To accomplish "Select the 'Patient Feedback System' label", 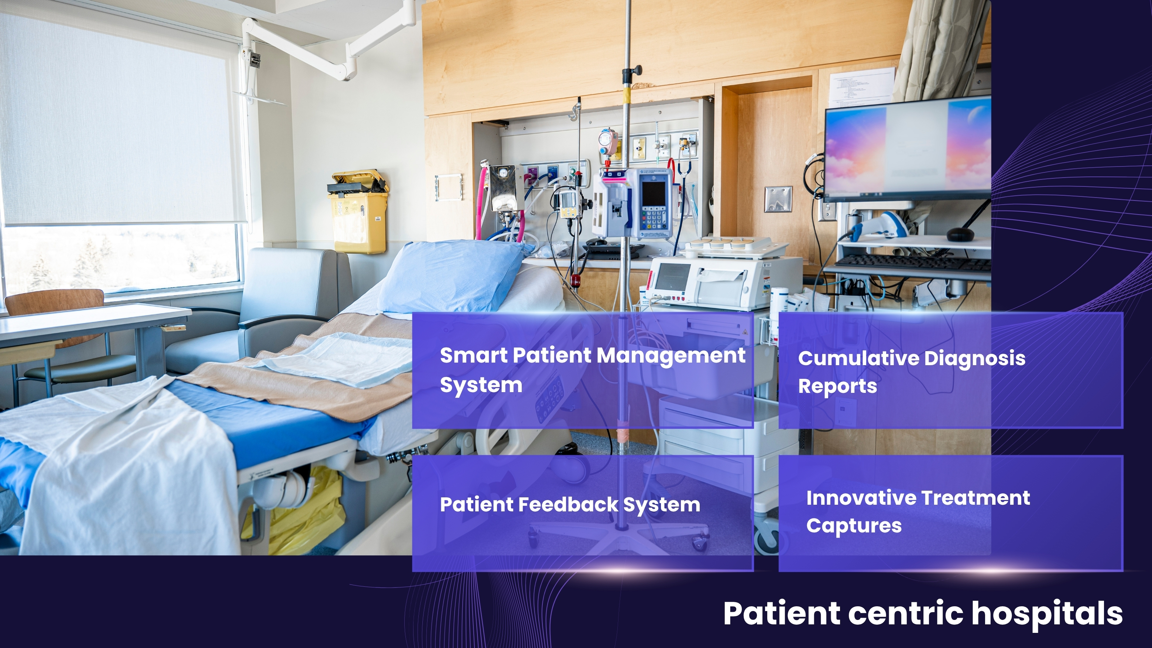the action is tap(570, 505).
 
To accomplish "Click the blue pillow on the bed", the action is tap(452, 275).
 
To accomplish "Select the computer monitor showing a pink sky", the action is tap(907, 149).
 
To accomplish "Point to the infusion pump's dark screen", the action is tap(654, 193).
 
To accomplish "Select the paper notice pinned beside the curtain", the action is tap(862, 87).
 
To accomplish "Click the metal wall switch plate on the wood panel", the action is tap(778, 199).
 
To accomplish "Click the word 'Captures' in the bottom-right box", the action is tap(854, 526).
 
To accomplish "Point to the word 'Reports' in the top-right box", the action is tap(838, 386).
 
